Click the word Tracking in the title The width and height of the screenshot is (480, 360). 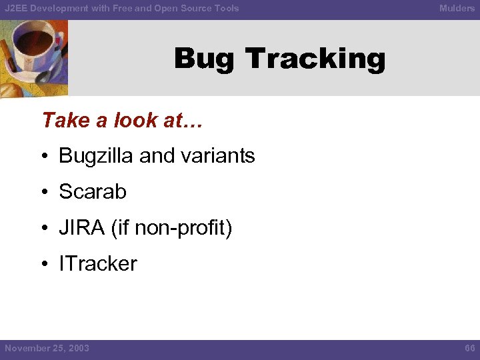click(x=315, y=59)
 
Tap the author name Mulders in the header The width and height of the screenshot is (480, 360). click(x=457, y=8)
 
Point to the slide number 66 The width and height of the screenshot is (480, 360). click(x=469, y=348)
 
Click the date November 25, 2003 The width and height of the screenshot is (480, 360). click(x=47, y=348)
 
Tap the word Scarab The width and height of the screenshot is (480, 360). click(x=93, y=192)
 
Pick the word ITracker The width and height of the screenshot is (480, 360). click(x=98, y=264)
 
